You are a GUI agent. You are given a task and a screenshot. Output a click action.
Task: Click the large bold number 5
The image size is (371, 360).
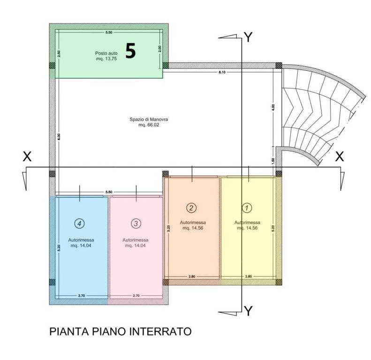[x=130, y=51]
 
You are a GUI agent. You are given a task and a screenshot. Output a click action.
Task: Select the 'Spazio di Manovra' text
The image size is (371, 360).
[x=149, y=120]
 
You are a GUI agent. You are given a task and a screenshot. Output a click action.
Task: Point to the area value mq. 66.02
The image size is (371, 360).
[x=149, y=125]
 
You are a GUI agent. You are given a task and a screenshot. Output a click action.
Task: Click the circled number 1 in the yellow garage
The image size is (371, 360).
[x=247, y=207]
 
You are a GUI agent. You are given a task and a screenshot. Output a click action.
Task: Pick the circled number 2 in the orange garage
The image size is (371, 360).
[x=191, y=207]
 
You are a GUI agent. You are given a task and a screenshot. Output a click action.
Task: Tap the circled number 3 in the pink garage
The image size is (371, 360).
[x=136, y=224]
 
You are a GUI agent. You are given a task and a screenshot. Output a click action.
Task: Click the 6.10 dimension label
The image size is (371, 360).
[x=222, y=72]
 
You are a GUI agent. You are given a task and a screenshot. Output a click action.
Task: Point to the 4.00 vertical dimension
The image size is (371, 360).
[x=273, y=106]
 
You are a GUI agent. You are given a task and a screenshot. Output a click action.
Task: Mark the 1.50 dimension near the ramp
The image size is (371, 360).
[x=273, y=160]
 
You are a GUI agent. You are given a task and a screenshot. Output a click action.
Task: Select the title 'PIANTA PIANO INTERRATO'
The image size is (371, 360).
[x=121, y=332]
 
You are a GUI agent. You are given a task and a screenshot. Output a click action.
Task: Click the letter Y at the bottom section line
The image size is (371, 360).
[x=249, y=311]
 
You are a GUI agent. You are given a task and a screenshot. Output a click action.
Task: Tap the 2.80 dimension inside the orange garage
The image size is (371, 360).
[x=192, y=277]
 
